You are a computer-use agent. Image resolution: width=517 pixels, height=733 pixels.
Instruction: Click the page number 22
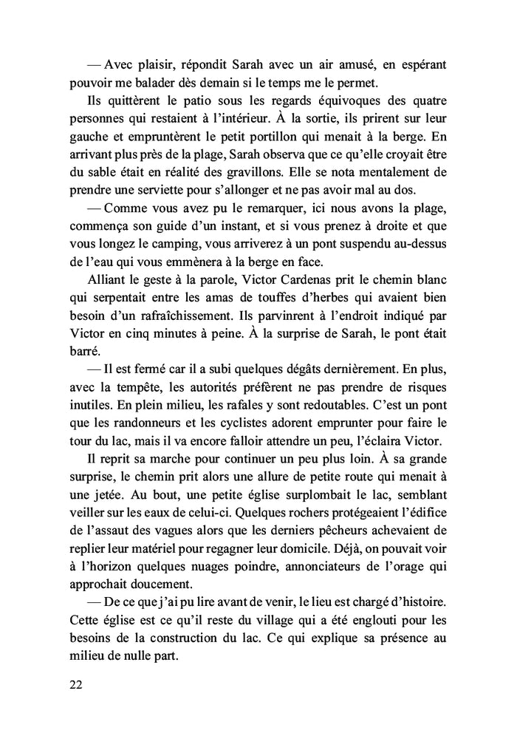(x=75, y=684)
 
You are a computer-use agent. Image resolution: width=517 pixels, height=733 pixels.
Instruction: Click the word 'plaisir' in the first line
(x=155, y=64)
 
